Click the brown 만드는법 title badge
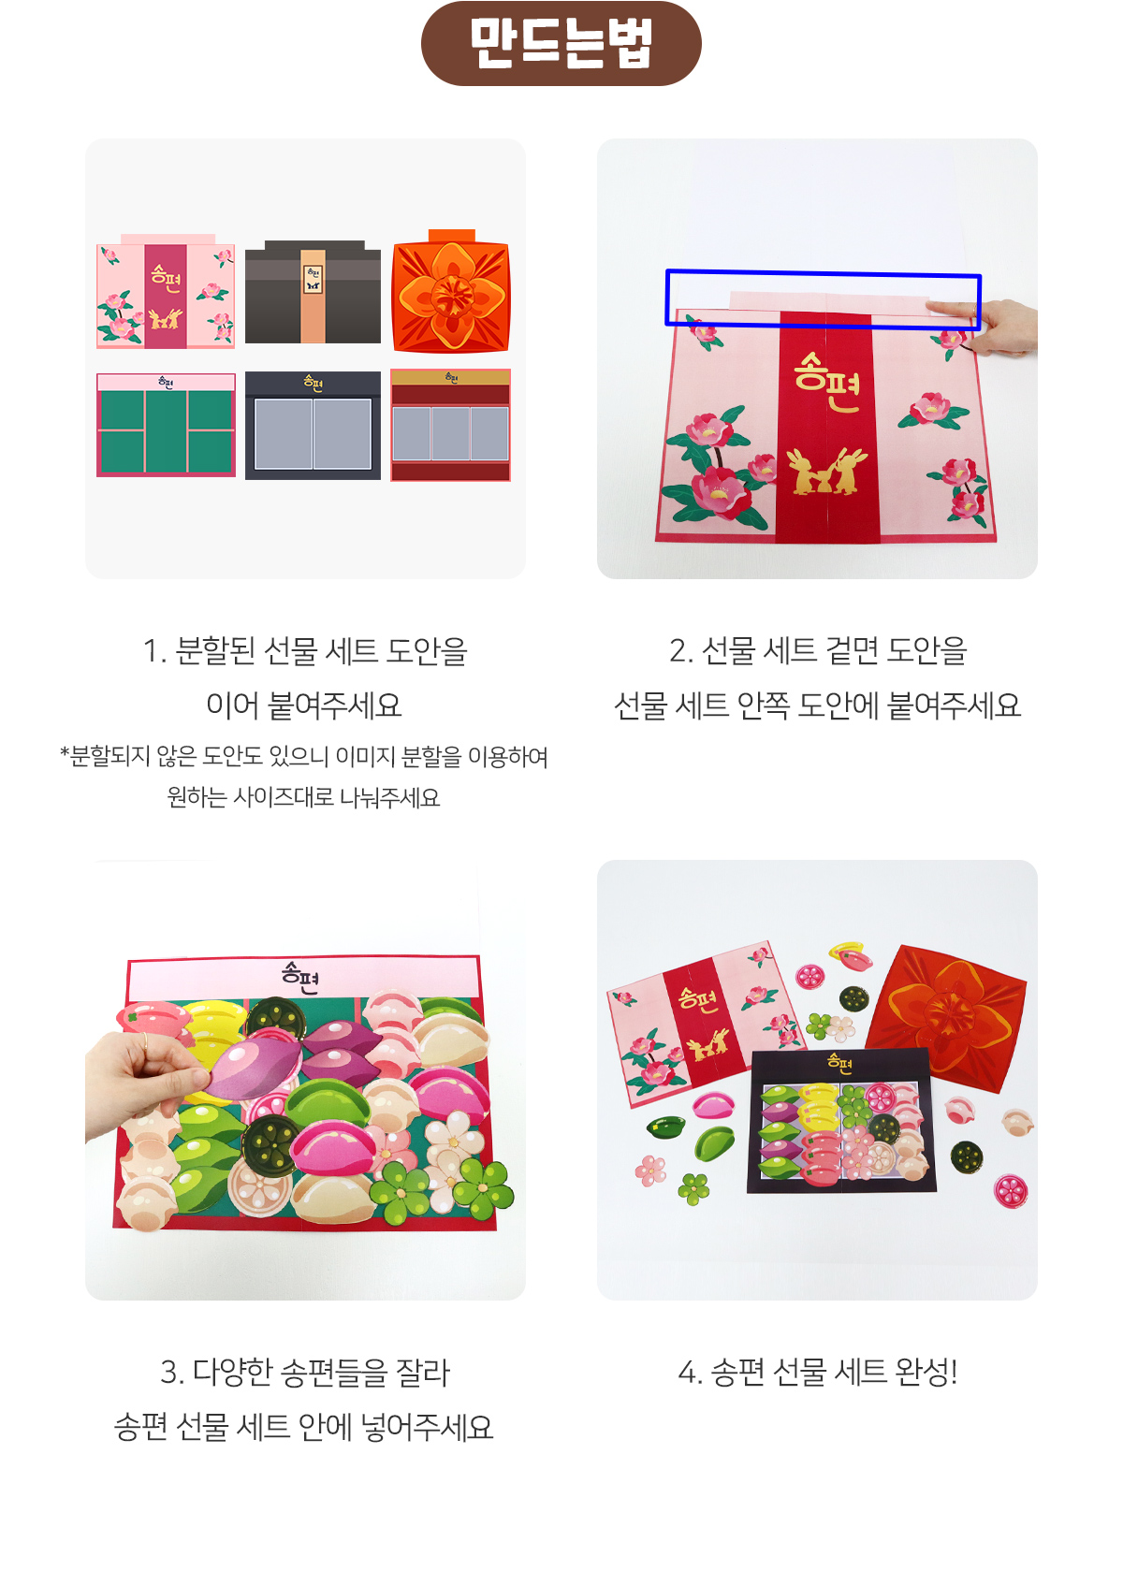point(561,44)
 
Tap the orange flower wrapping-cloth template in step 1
point(451,291)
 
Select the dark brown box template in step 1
point(313,292)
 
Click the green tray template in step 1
point(166,425)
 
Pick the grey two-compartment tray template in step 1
point(313,426)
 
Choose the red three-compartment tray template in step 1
point(451,425)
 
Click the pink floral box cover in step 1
point(166,291)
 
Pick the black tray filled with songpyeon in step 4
point(841,1121)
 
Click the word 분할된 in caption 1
point(214,651)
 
